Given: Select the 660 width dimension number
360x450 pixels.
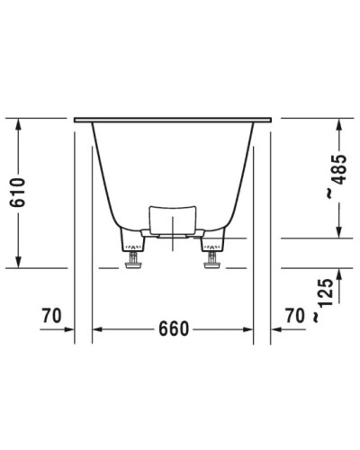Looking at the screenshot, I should point(172,328).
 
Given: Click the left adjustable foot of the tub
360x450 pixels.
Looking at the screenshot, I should point(133,259).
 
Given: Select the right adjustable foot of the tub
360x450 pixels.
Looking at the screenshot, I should point(212,259).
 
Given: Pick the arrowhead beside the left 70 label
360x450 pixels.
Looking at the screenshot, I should point(68,328).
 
